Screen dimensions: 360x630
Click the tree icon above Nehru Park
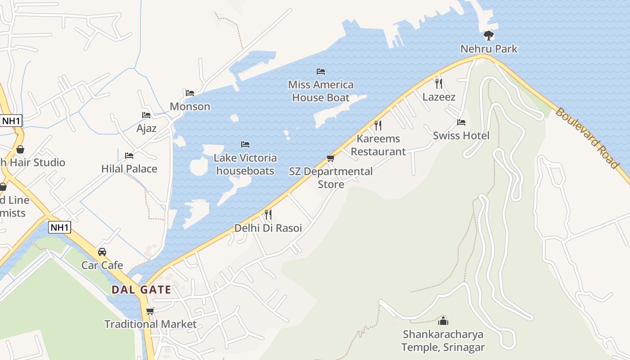click(488, 36)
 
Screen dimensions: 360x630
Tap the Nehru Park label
click(489, 49)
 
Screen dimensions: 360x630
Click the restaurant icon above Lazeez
click(439, 83)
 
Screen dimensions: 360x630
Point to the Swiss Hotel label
click(461, 135)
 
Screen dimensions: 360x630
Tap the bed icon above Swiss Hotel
click(461, 122)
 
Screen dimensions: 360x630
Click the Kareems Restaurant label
click(378, 145)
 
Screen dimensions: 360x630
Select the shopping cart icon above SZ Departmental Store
click(331, 158)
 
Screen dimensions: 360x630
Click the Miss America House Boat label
click(321, 91)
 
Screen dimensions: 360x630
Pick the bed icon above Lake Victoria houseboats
click(245, 144)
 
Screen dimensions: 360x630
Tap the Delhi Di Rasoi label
click(268, 228)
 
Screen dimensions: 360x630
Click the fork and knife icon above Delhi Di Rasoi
click(268, 215)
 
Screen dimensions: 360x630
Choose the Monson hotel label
click(190, 107)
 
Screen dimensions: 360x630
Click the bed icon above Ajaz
click(146, 115)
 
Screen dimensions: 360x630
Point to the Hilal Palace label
click(129, 169)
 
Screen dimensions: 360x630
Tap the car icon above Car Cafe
click(102, 252)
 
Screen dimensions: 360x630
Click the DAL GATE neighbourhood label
click(141, 290)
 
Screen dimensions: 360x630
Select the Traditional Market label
click(150, 324)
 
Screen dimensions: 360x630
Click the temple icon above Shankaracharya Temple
click(443, 321)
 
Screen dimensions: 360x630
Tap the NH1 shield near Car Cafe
click(60, 227)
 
